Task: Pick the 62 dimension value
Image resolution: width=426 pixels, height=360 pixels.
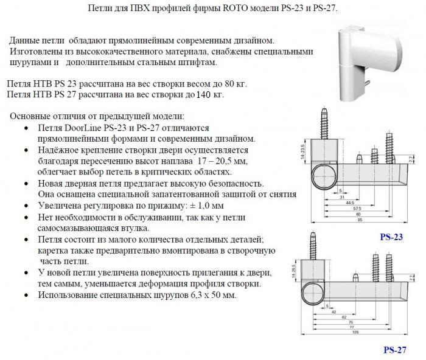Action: click(344, 317)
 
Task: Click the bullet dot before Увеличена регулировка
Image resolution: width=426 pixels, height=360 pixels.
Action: click(24, 207)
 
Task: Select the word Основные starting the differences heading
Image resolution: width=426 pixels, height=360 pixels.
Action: click(32, 116)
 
